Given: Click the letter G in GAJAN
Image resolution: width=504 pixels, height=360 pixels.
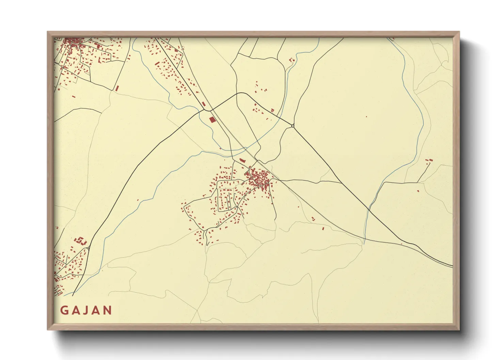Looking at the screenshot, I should (x=64, y=310).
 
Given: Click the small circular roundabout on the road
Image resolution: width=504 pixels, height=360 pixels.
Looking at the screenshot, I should (x=293, y=126).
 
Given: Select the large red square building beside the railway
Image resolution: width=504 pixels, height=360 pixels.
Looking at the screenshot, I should (x=212, y=119).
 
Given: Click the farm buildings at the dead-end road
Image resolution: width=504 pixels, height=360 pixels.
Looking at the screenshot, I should (x=429, y=160).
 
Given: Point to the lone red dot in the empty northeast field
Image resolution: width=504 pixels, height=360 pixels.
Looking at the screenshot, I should (x=366, y=117).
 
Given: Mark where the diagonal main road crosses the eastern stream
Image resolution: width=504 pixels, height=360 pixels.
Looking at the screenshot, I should (x=368, y=208).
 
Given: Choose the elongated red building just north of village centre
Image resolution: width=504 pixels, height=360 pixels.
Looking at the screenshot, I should (x=242, y=160).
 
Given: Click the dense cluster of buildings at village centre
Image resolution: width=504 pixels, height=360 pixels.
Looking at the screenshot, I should (x=261, y=179).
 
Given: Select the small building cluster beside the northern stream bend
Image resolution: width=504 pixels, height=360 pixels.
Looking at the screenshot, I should (x=292, y=60).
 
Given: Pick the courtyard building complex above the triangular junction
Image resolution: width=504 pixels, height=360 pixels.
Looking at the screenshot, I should (x=81, y=241).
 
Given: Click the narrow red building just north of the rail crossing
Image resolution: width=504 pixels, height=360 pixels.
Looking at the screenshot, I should (x=204, y=103).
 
